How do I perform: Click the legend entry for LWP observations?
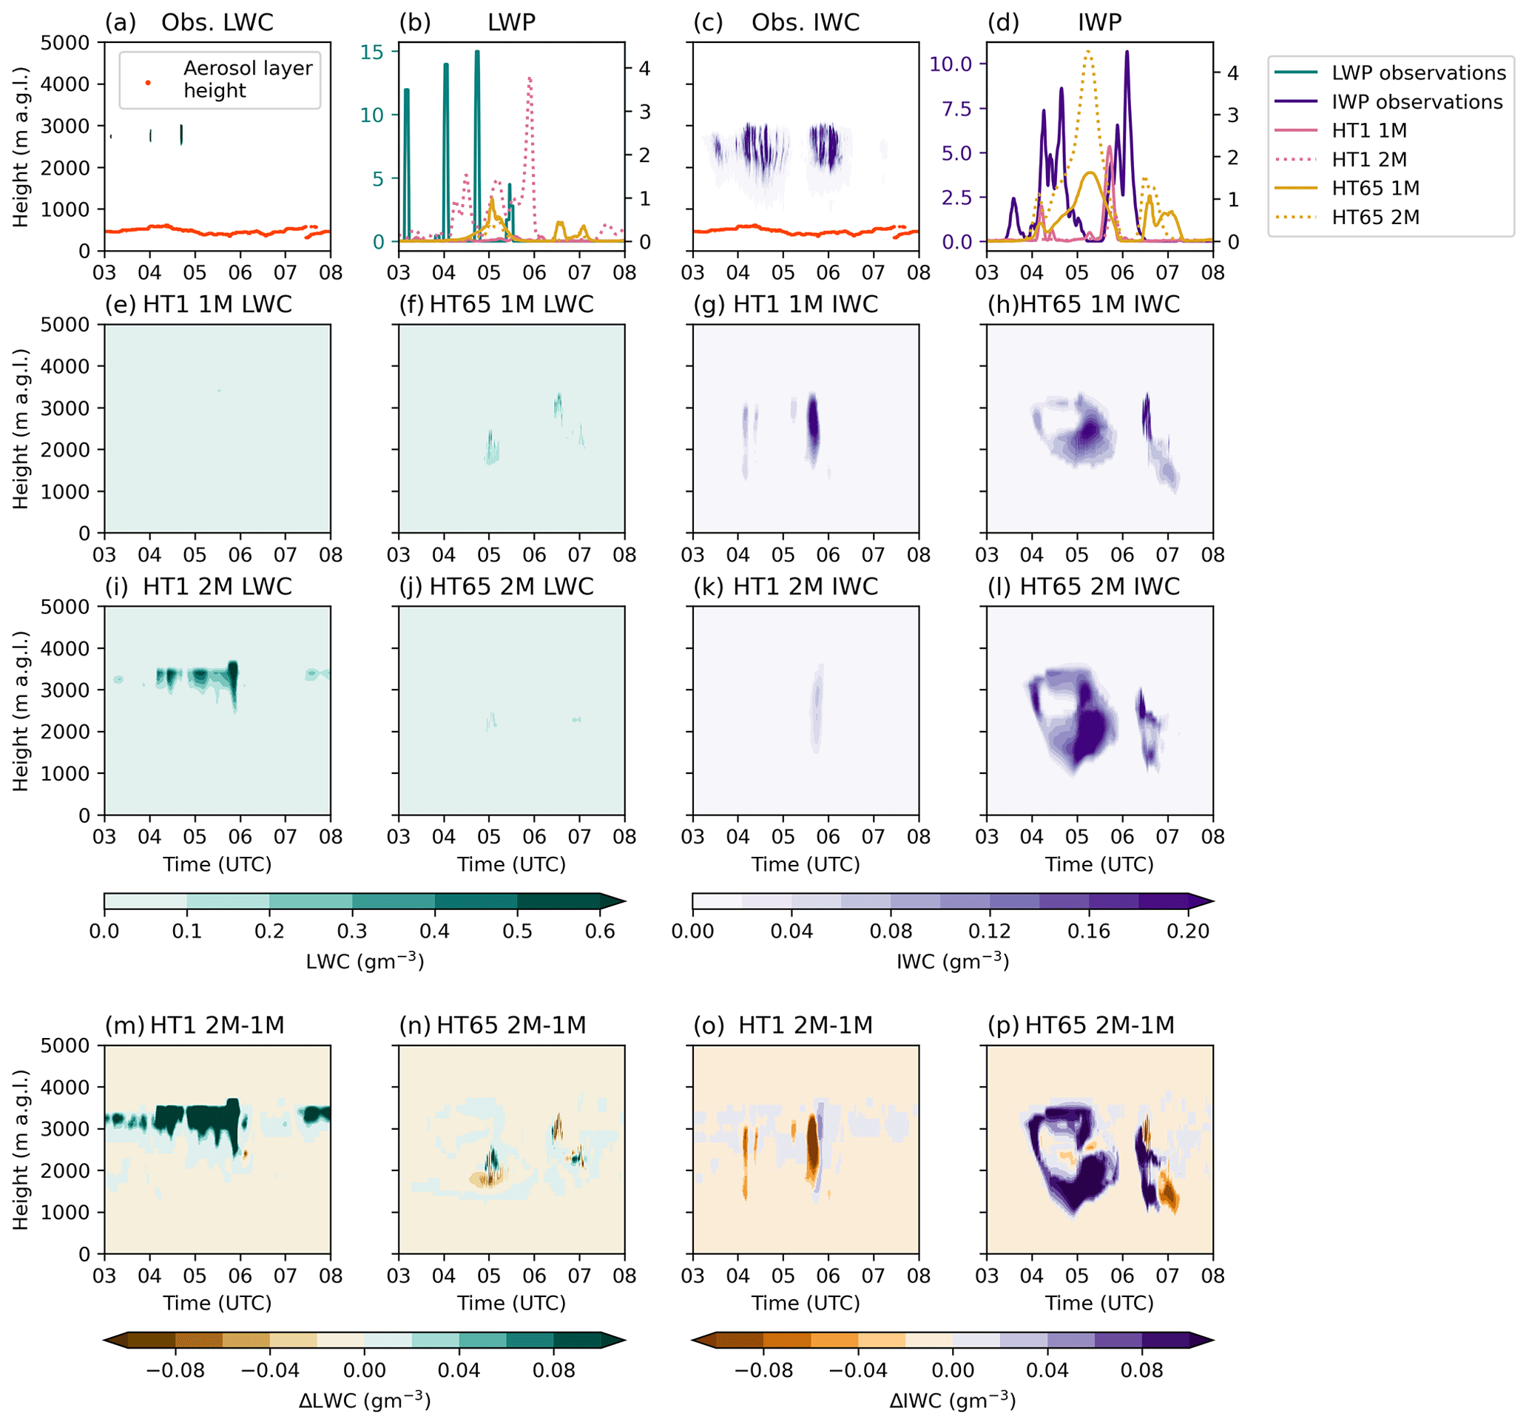(x=1417, y=73)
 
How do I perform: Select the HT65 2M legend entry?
(x=1375, y=218)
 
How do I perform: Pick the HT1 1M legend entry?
(x=1369, y=131)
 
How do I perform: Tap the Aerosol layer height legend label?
(x=247, y=79)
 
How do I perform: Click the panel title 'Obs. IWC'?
(x=805, y=22)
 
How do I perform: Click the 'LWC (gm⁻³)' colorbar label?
(x=365, y=962)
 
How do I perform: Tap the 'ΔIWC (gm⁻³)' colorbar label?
(x=952, y=1401)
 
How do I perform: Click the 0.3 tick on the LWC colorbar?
(x=352, y=931)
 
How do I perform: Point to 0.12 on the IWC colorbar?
(x=990, y=931)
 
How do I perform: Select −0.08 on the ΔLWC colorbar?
(x=175, y=1370)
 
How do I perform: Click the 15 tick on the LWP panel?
(x=372, y=52)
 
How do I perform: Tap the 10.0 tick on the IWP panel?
(x=951, y=64)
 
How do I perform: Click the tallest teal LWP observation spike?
(x=477, y=53)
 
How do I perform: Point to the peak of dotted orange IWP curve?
(x=1087, y=51)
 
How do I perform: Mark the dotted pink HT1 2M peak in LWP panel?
(x=530, y=78)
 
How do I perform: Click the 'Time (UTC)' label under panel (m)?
(x=217, y=1303)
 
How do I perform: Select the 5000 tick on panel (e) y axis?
(x=64, y=325)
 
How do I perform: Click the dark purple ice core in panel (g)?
(x=812, y=423)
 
